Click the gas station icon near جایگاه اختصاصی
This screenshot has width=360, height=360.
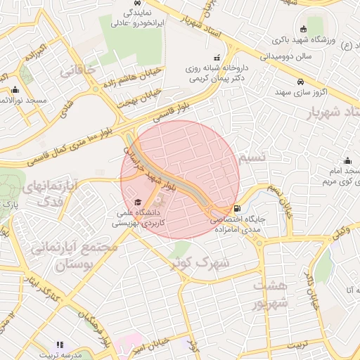point(236,208)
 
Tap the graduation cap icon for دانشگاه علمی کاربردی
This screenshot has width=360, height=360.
point(137,202)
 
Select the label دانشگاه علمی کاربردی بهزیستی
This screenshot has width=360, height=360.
point(138,217)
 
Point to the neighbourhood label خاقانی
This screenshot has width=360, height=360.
point(77,71)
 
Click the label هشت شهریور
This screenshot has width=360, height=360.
point(271,295)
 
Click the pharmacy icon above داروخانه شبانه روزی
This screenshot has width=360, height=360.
point(216,57)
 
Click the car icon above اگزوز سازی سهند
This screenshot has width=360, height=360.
point(300,80)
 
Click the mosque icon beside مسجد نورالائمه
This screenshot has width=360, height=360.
point(15,89)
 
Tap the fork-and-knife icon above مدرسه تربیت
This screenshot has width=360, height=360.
point(60,345)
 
